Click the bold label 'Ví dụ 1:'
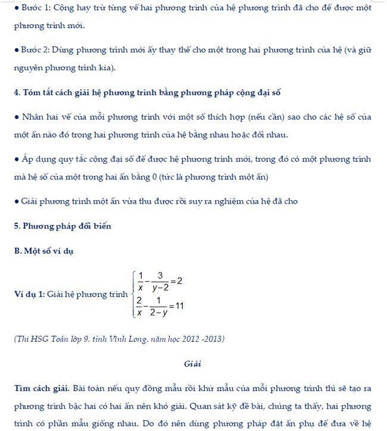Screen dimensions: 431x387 (x=29, y=294)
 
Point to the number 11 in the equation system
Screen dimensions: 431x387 (x=179, y=306)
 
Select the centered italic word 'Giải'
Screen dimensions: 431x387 (x=193, y=363)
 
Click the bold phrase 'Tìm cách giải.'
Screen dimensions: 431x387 (x=42, y=388)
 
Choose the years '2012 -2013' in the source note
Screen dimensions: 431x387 (x=200, y=339)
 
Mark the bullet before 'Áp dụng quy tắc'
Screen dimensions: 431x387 (x=17, y=160)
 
